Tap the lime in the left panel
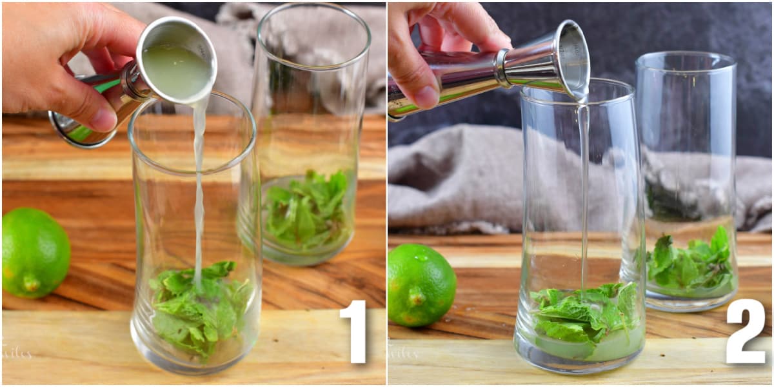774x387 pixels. [35, 252]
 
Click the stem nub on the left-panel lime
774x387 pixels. [30, 282]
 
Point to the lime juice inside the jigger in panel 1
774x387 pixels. [175, 71]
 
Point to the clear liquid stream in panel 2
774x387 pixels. [584, 193]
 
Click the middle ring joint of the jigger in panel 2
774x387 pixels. [501, 68]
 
